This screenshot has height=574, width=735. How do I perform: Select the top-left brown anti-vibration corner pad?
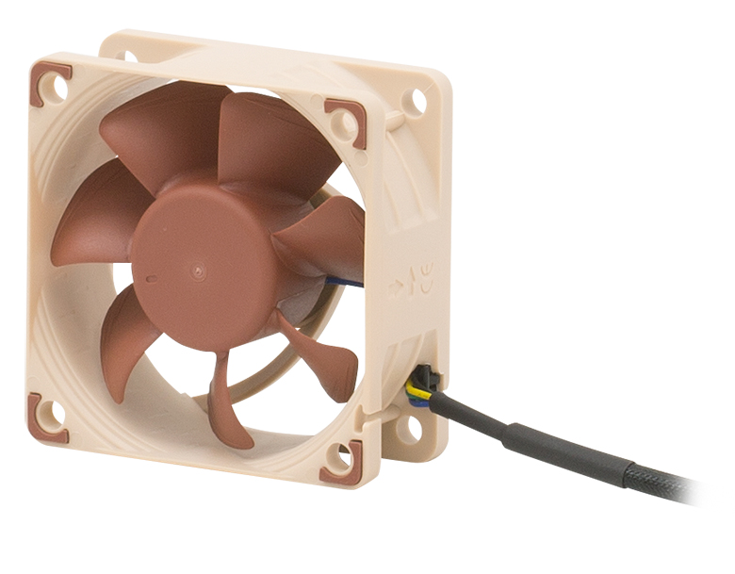point(50,83)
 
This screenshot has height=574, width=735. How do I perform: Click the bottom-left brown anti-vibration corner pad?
point(46,418)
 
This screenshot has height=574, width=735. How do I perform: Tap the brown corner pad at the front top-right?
point(348,122)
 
